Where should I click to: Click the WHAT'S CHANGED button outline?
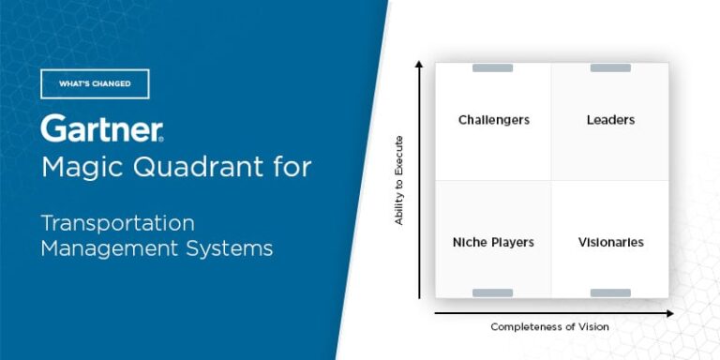point(95,83)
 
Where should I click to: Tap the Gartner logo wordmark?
point(102,128)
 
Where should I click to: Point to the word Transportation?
point(117,224)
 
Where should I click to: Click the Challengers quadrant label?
point(493,120)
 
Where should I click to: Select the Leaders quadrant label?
point(610,120)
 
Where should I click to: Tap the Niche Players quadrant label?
point(493,242)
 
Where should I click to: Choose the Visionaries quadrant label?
point(610,242)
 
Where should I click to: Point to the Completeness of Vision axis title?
point(549,326)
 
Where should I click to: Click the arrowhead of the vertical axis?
point(419,65)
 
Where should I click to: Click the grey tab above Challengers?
point(493,67)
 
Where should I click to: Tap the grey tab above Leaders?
point(610,67)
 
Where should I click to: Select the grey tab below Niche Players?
point(493,293)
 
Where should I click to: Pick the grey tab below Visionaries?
point(610,293)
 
